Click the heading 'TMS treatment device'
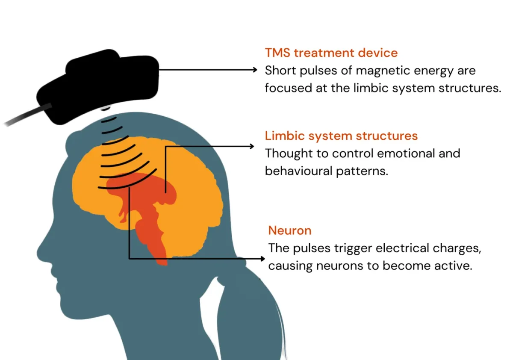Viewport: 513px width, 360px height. (x=331, y=53)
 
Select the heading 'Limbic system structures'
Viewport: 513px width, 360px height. (x=341, y=136)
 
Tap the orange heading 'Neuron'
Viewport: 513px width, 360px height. (x=290, y=230)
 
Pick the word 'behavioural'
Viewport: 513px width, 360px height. (x=299, y=171)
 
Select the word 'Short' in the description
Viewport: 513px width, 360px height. (x=280, y=70)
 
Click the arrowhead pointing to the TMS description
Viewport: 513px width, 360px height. (x=255, y=70)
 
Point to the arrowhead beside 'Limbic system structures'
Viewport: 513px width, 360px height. (x=252, y=146)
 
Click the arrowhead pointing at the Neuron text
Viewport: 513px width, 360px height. (x=262, y=259)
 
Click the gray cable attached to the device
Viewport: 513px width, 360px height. (x=27, y=115)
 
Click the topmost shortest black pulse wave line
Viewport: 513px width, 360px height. (x=109, y=120)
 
